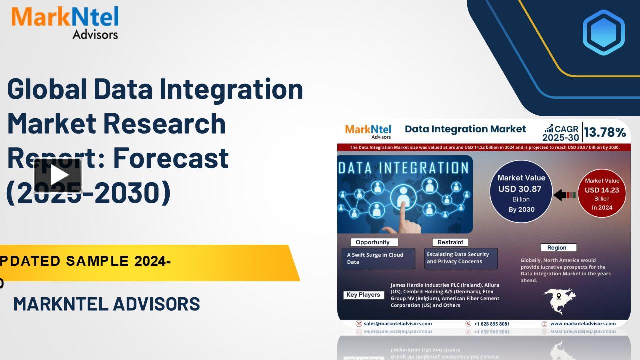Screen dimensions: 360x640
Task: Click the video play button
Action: pos(58,175)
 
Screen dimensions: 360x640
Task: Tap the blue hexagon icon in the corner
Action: pos(603,32)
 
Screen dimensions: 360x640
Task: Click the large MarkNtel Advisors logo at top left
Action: pos(65,22)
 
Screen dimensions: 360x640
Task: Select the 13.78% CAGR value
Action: pos(605,132)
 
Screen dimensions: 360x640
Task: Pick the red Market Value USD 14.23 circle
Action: pos(602,193)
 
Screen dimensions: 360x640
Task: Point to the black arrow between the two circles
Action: pos(564,195)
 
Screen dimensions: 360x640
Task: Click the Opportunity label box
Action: pos(372,242)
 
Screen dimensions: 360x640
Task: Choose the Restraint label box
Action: pos(450,242)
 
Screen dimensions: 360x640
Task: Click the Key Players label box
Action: pos(363,295)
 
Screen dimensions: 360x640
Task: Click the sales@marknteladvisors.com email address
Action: pos(397,324)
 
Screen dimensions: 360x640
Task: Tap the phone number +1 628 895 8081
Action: pos(491,324)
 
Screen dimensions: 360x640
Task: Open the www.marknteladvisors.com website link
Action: pos(583,324)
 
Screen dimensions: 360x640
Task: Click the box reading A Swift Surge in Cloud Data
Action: pos(378,258)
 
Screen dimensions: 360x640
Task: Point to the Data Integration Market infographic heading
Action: pos(465,129)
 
